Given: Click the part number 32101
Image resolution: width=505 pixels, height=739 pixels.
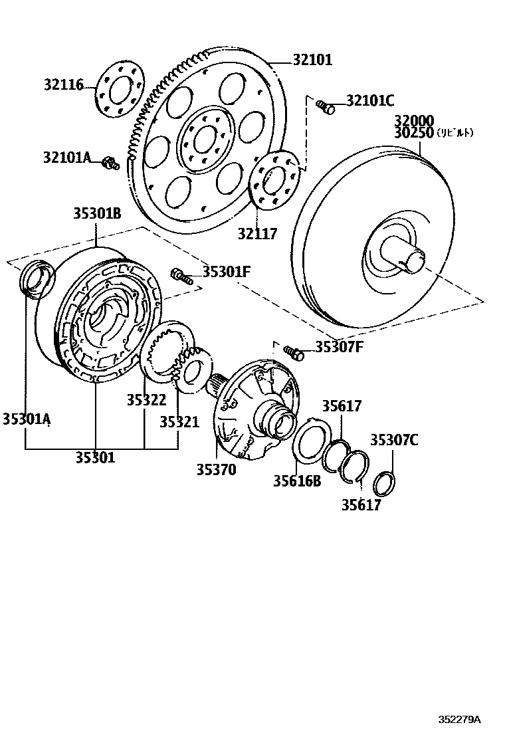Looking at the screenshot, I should click(x=312, y=60).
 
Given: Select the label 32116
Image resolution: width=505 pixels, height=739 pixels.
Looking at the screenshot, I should click(x=64, y=84).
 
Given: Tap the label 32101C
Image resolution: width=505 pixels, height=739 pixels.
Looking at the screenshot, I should click(x=370, y=101).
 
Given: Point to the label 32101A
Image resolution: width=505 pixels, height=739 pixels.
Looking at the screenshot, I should click(x=66, y=158).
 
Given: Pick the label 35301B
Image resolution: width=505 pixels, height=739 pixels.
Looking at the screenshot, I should click(x=96, y=214).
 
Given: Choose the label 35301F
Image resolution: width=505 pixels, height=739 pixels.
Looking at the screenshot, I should click(x=227, y=271).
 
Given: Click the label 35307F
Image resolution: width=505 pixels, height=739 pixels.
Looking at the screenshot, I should click(x=339, y=346).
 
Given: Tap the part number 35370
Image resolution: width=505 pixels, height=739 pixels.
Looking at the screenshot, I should click(x=216, y=469).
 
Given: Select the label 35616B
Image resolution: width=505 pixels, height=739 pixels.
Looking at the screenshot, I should click(x=296, y=480).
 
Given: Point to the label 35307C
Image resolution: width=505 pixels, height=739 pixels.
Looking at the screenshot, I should click(x=394, y=439).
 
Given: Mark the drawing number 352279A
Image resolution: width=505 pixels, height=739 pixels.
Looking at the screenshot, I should click(x=458, y=720).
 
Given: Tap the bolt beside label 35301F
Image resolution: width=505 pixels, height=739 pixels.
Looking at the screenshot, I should click(x=181, y=275).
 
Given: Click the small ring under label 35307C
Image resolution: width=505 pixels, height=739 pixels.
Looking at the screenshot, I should click(x=384, y=484).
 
